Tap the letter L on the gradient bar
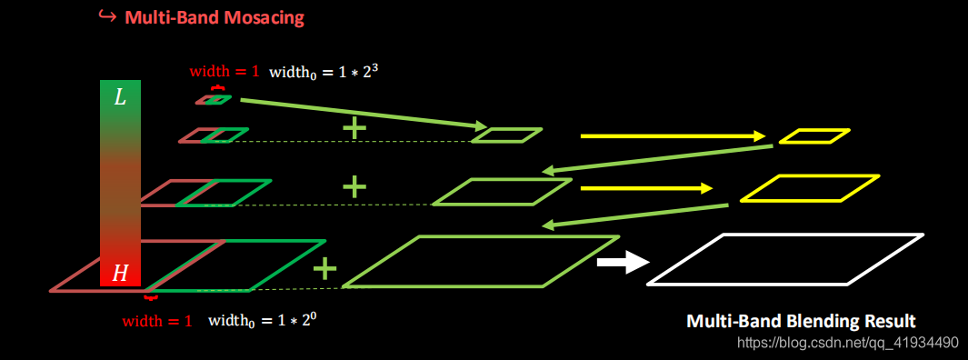[x=120, y=97]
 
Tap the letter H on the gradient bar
[x=120, y=273]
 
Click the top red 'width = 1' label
[x=224, y=71]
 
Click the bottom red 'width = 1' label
[x=157, y=321]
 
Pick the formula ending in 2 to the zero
[x=264, y=320]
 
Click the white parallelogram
[x=785, y=260]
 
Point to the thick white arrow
[x=623, y=263]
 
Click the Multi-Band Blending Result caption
[x=800, y=321]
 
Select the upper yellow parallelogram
[x=813, y=136]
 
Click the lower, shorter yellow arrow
[x=646, y=188]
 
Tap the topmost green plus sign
[x=354, y=128]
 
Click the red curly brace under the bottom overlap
[x=151, y=297]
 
